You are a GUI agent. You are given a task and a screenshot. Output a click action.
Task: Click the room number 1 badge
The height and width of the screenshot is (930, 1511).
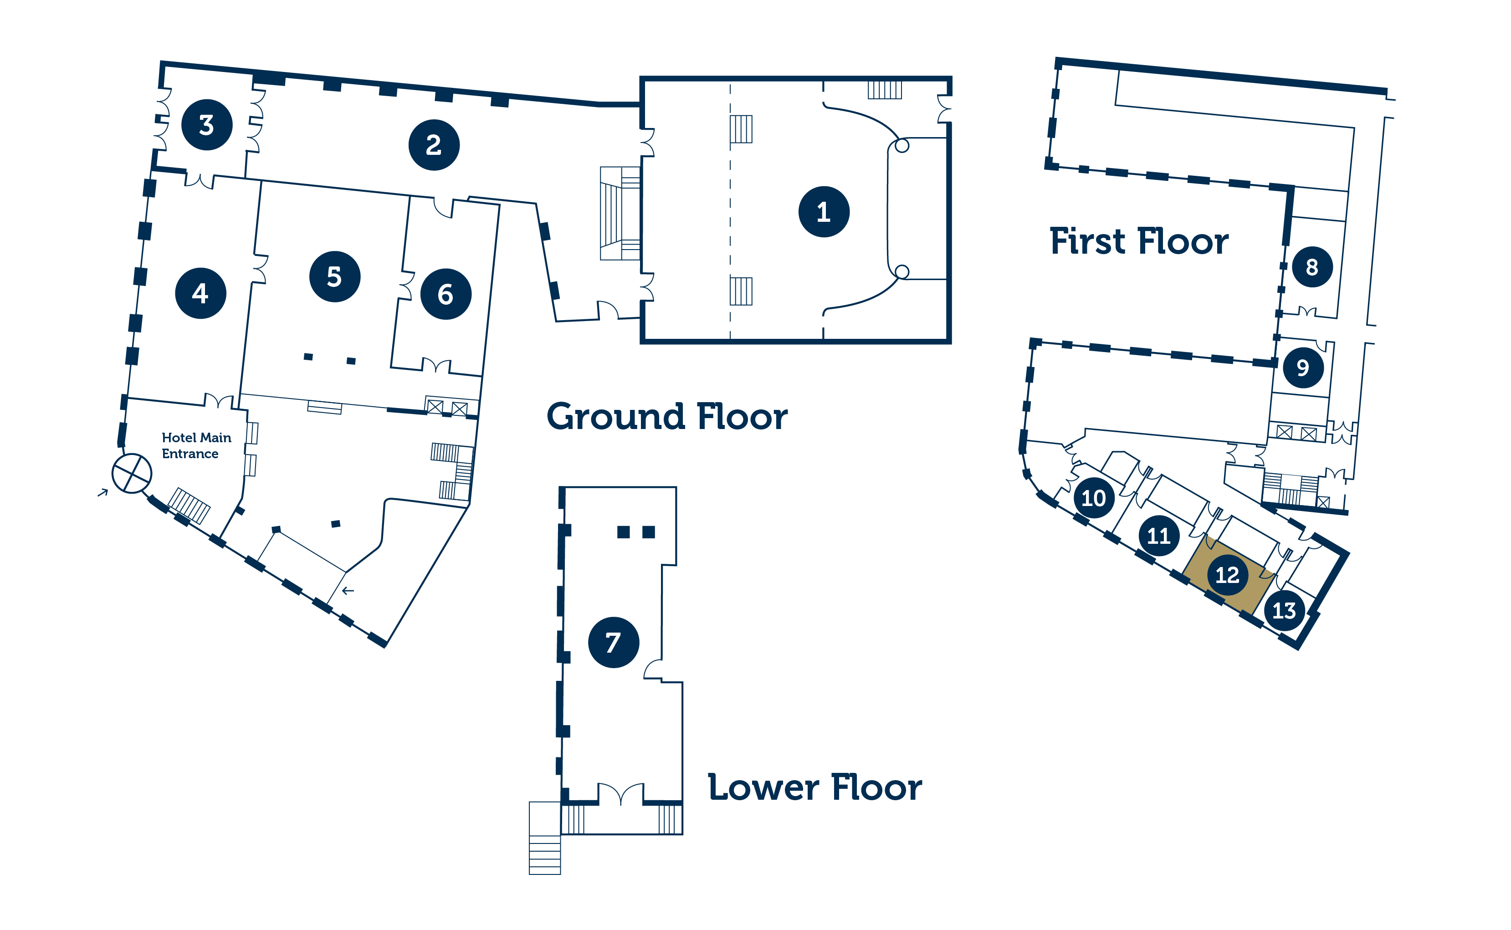824,212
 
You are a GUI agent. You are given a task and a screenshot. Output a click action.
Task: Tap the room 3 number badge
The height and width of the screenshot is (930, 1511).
207,125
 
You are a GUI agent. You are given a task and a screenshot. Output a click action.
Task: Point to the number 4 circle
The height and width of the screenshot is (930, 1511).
200,293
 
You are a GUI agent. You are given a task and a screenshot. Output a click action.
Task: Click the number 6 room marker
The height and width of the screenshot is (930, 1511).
446,294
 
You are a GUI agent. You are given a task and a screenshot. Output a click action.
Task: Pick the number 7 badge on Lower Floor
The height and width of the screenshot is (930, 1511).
614,642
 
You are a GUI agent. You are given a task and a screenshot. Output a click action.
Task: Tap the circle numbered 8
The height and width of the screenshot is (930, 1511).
1312,267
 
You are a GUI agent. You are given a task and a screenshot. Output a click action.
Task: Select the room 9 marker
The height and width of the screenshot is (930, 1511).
1303,367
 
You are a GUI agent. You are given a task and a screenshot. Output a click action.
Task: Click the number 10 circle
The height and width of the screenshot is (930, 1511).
1093,498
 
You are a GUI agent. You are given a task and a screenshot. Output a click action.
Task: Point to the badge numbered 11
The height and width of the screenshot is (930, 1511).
1158,536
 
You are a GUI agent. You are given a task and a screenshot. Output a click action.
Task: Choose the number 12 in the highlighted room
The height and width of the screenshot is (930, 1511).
1227,574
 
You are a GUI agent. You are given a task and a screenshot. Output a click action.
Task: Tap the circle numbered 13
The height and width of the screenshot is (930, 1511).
1284,610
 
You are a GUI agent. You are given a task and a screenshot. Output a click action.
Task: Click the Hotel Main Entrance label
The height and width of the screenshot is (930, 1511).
196,445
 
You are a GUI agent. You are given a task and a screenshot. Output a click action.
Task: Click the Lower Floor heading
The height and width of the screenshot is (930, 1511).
815,787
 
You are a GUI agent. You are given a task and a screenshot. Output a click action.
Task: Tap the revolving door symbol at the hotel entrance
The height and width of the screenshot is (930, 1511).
132,474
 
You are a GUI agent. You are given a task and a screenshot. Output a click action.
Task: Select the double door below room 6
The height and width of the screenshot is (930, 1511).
436,365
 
